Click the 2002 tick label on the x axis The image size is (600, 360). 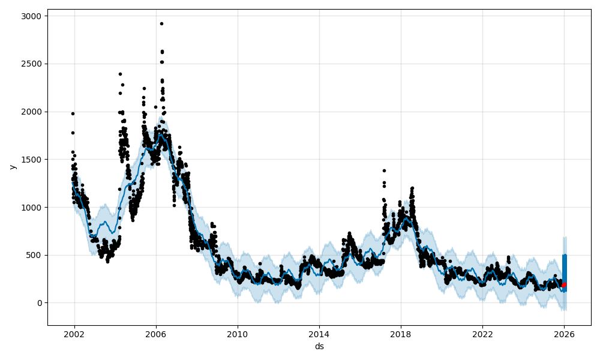coord(74,334)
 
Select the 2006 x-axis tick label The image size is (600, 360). coord(156,334)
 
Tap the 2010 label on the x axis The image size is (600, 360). coord(238,334)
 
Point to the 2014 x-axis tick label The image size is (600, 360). coord(319,334)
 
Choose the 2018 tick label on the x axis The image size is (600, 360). coord(401,334)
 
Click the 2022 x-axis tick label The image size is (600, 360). coord(482,334)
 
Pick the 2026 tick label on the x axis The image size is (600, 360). coord(564,334)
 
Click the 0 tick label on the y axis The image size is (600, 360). coord(39,303)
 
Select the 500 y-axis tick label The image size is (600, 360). coord(35,255)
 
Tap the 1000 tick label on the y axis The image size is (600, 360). coord(33,208)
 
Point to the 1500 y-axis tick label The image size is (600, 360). coord(33,160)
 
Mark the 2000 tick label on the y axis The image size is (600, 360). coord(33,112)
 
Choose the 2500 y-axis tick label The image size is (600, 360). coord(33,64)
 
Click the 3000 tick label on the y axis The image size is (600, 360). coord(33,16)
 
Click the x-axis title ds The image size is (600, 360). coord(319,346)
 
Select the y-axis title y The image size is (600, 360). coord(11,167)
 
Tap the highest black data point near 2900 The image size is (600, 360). coord(161,23)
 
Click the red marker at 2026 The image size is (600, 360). coord(564,285)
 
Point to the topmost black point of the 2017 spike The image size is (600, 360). coord(384,170)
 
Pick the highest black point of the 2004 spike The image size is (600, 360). coord(120,74)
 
